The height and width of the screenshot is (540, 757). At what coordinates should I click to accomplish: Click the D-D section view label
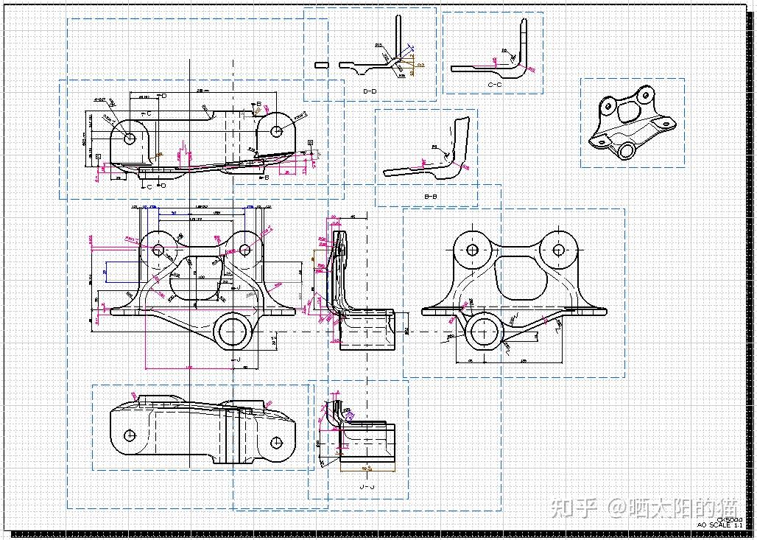(370, 91)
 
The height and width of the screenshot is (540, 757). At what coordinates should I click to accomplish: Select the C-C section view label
(495, 85)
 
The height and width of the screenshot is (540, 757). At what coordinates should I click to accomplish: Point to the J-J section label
(366, 487)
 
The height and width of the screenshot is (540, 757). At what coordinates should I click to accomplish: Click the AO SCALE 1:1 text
(719, 525)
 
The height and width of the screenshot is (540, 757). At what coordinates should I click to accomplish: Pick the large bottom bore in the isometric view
(626, 150)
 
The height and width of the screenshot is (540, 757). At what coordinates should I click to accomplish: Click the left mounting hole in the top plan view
(130, 138)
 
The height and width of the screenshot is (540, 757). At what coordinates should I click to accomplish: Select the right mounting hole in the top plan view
(277, 132)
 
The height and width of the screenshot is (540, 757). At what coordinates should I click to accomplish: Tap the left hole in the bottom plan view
(130, 435)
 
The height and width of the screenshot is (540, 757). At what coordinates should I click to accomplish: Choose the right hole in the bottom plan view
(277, 443)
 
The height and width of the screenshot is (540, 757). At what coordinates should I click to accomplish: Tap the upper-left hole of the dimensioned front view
(158, 250)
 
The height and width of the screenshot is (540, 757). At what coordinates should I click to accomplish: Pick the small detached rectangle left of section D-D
(321, 65)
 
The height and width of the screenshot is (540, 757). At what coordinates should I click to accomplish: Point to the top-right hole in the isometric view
(645, 95)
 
